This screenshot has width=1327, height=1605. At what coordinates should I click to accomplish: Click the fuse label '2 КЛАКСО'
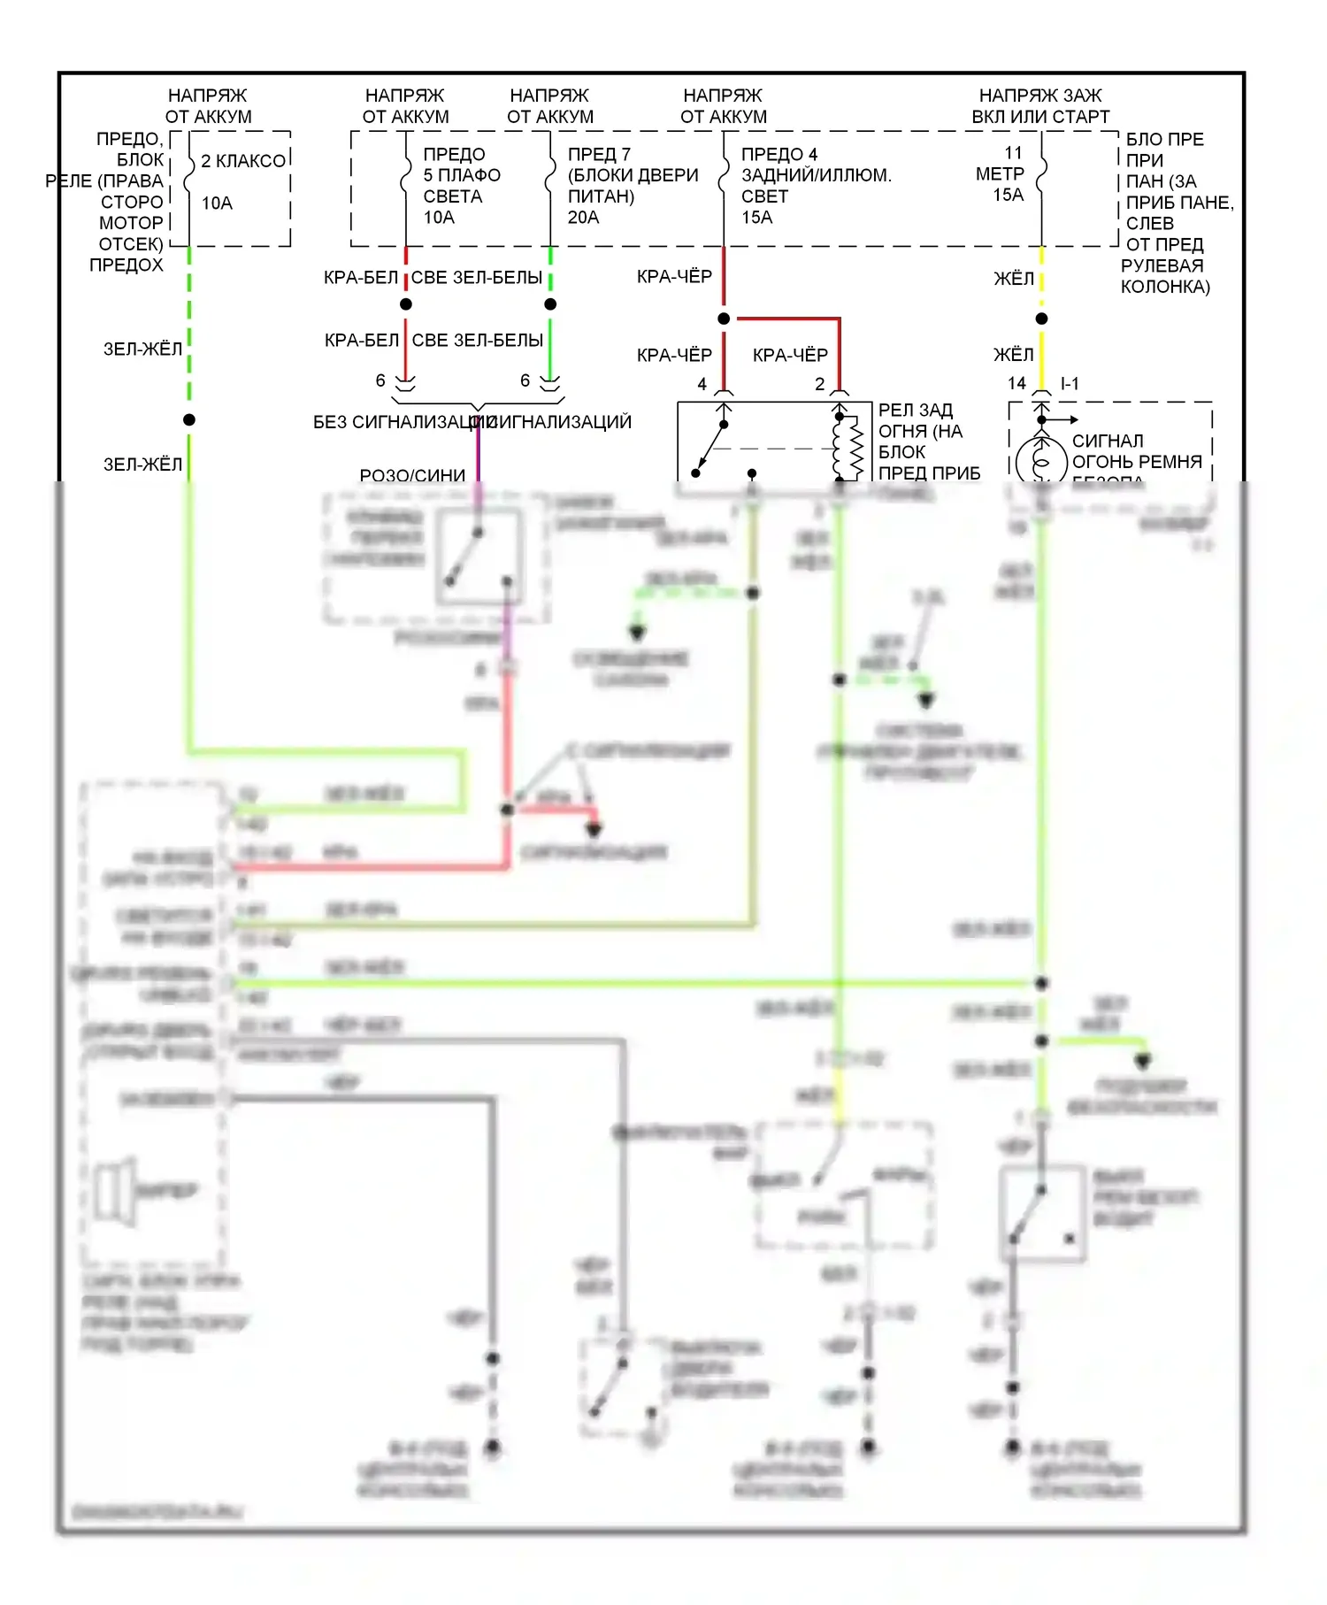243,161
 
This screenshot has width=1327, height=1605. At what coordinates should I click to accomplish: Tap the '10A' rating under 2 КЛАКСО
217,204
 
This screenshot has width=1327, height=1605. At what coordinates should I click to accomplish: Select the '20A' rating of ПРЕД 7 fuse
584,218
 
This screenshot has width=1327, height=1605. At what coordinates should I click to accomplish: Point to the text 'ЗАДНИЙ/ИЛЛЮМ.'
816,175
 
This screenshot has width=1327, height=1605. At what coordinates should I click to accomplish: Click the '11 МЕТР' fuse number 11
1013,153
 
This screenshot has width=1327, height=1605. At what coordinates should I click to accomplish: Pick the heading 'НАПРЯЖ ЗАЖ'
1040,96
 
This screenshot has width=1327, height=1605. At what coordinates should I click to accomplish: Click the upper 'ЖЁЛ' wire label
1013,279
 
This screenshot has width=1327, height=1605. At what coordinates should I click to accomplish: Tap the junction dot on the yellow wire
1041,319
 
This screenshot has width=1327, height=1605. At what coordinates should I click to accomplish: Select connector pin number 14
1016,383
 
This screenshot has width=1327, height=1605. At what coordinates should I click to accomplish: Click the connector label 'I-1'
1070,383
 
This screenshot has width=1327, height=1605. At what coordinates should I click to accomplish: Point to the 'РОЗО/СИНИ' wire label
412,475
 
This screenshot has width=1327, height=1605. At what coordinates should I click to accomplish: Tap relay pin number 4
702,384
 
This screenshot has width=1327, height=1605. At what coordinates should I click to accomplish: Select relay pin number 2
819,384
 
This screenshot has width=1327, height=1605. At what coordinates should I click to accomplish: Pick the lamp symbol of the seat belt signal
1041,461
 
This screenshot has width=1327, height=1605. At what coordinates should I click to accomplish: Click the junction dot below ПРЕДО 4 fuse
724,319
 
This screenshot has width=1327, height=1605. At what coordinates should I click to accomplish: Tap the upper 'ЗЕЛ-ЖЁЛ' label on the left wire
142,349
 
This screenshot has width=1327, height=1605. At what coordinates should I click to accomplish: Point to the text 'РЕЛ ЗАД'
916,411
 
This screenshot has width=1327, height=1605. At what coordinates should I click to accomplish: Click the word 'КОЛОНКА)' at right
1165,287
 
